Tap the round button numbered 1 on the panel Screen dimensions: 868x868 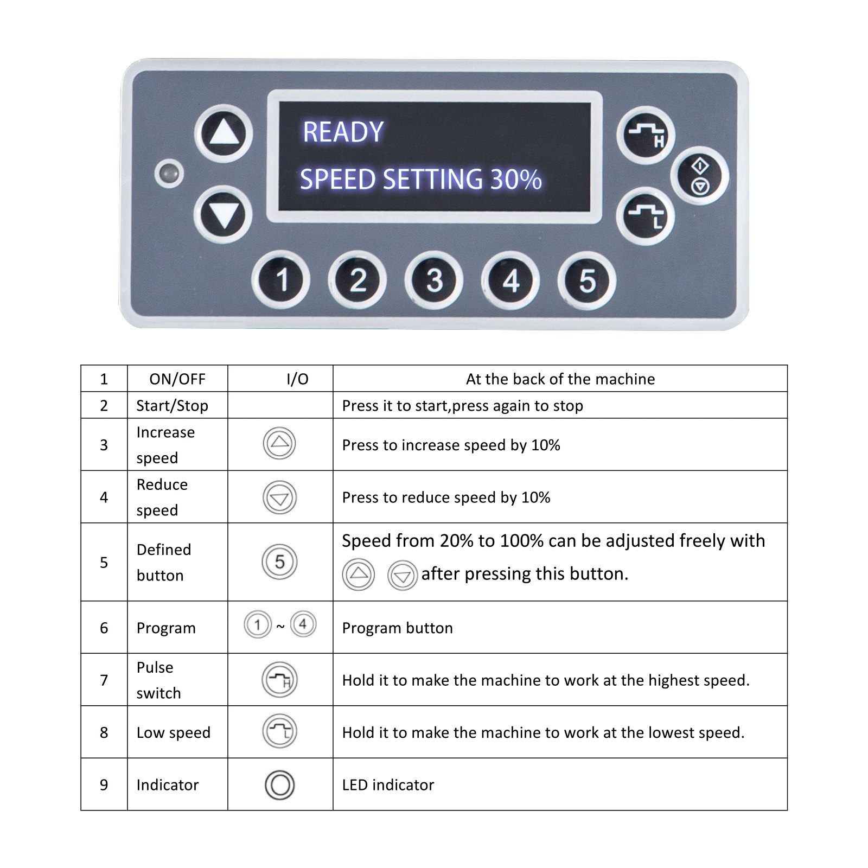(x=281, y=280)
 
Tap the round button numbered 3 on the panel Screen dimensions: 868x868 (x=434, y=280)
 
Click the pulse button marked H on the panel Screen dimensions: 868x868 (x=646, y=135)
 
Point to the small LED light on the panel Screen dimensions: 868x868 (x=169, y=174)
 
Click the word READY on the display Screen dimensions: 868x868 (x=343, y=132)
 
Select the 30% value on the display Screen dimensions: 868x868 (x=516, y=180)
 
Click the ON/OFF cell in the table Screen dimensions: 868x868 (x=177, y=379)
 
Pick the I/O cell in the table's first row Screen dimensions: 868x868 (x=297, y=379)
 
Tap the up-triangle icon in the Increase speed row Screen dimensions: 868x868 (x=279, y=443)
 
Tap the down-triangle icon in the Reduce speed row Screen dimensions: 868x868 (x=279, y=497)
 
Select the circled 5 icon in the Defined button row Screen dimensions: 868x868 (x=279, y=561)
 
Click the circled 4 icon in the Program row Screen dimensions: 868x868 (x=303, y=624)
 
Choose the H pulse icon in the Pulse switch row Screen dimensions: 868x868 (x=280, y=680)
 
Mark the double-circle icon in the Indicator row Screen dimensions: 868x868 (x=279, y=784)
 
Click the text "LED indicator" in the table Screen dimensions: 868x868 (x=388, y=784)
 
